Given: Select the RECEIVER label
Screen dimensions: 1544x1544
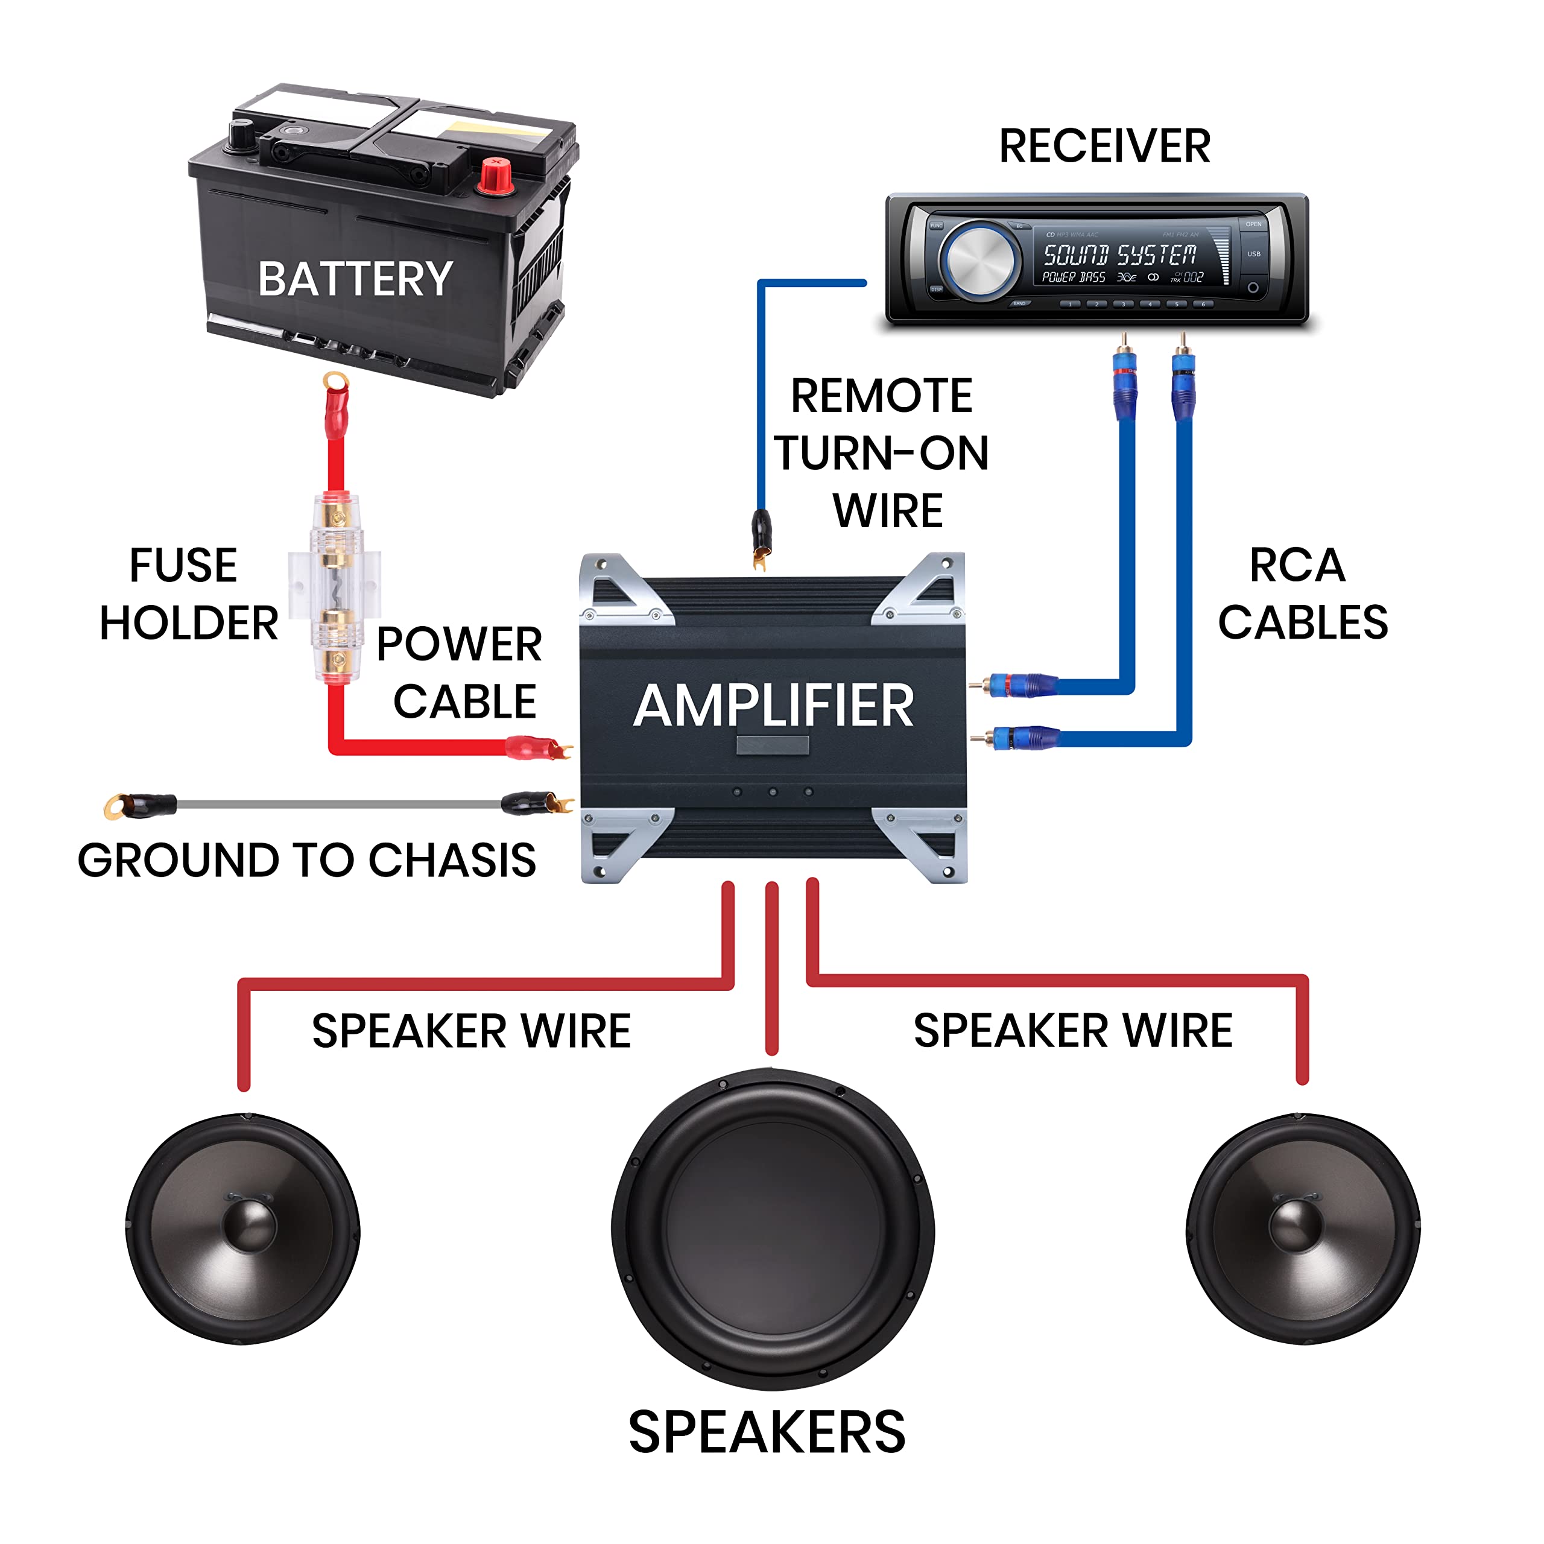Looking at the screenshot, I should [x=1104, y=146].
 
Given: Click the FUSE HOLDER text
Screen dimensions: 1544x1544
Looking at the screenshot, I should [x=187, y=594].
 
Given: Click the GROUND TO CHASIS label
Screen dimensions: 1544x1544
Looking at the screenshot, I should [x=307, y=860].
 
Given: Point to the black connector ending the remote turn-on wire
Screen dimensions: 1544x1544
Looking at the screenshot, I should [x=761, y=531].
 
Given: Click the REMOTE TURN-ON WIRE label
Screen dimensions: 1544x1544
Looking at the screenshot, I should [x=882, y=453].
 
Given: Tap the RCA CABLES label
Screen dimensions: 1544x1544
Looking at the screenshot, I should [x=1302, y=594].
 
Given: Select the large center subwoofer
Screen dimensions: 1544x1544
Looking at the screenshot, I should [x=772, y=1229].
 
